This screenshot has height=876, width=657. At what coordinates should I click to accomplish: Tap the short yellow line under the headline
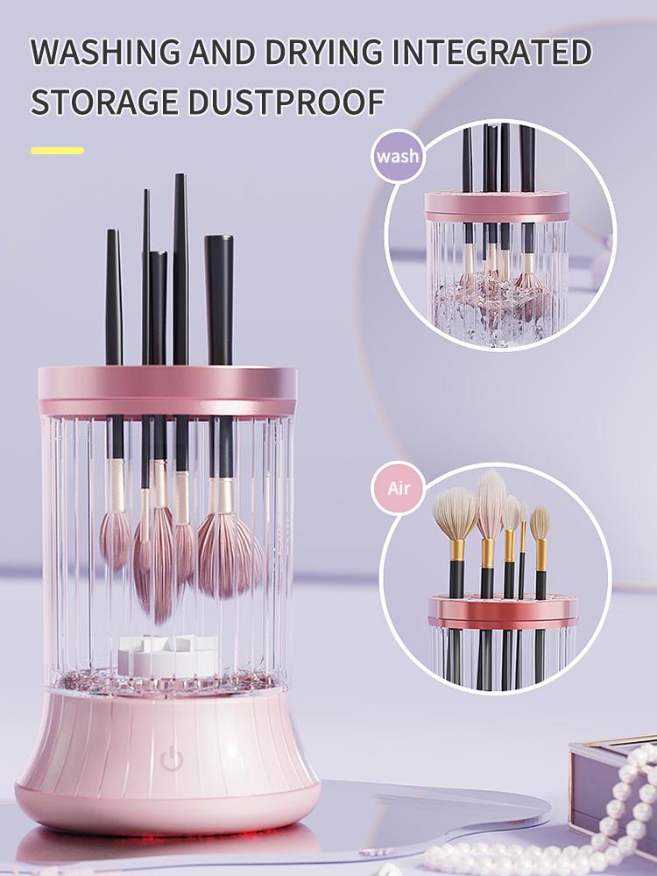tap(57, 151)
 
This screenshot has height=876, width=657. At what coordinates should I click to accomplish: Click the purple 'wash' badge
tap(397, 157)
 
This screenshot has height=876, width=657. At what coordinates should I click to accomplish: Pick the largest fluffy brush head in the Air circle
tap(455, 512)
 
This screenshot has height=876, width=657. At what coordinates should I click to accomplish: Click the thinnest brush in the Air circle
tap(524, 552)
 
